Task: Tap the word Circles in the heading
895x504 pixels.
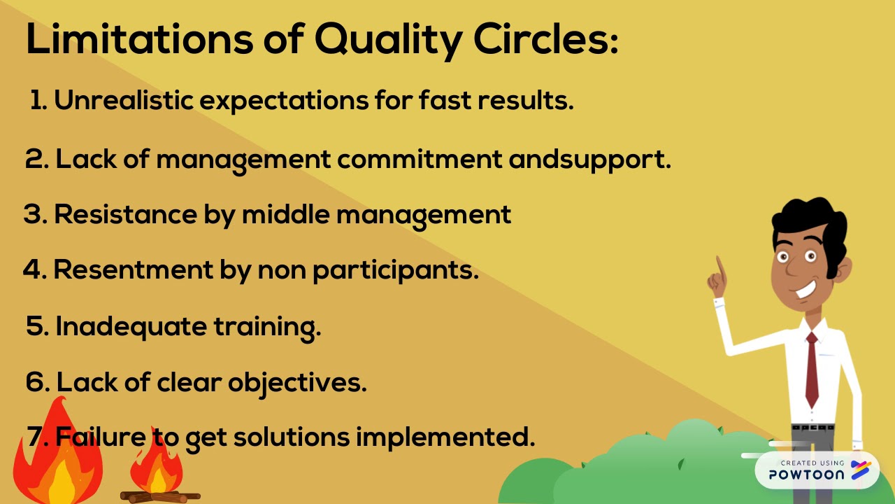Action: tap(545, 41)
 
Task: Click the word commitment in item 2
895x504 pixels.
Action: tap(420, 160)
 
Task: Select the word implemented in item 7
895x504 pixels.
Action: tap(445, 437)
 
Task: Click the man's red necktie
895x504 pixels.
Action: tap(812, 367)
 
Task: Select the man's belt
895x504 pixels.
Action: tap(812, 427)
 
